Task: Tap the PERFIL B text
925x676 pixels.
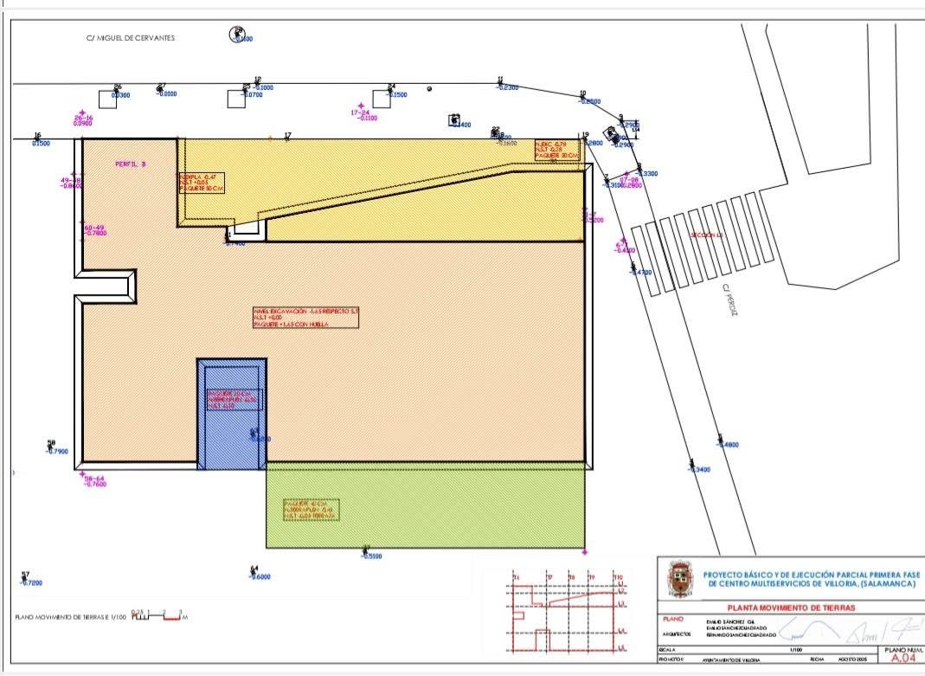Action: coord(131,164)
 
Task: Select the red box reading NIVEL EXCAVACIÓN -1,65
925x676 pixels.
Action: coord(305,317)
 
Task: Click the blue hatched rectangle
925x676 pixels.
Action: coord(231,414)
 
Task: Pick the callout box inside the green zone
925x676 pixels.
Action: coord(311,509)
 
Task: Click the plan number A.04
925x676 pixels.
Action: coord(901,658)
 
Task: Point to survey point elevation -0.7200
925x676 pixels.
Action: coord(32,583)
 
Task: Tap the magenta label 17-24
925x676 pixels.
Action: coord(360,113)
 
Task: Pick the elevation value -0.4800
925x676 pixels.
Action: coord(728,445)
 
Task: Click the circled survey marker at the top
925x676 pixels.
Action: coord(237,34)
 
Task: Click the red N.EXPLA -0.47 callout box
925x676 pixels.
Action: coord(202,183)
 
